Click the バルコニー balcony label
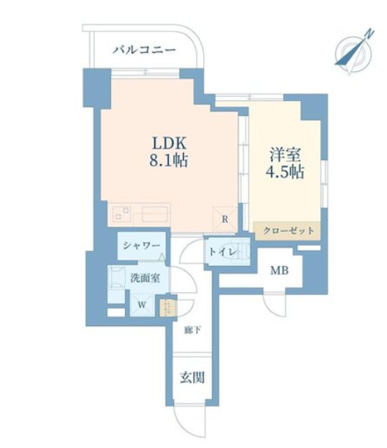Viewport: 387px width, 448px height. [144, 51]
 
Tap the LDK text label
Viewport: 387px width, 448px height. [169, 143]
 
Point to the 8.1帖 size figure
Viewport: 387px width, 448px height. [168, 160]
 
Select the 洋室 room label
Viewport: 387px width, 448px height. [285, 155]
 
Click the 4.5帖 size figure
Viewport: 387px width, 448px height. [285, 172]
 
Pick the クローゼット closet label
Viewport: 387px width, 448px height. [288, 230]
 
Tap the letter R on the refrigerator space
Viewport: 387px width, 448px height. [226, 219]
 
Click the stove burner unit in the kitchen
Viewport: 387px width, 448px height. [121, 214]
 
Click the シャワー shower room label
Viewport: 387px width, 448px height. [141, 246]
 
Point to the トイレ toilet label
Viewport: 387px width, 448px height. [223, 253]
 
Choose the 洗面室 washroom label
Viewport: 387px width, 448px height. [145, 278]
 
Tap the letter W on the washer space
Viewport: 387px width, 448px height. [142, 305]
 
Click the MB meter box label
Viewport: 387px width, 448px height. [279, 270]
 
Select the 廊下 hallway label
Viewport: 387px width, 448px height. [192, 331]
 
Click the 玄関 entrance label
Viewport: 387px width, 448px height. [192, 377]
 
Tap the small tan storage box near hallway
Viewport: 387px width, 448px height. [164, 308]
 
